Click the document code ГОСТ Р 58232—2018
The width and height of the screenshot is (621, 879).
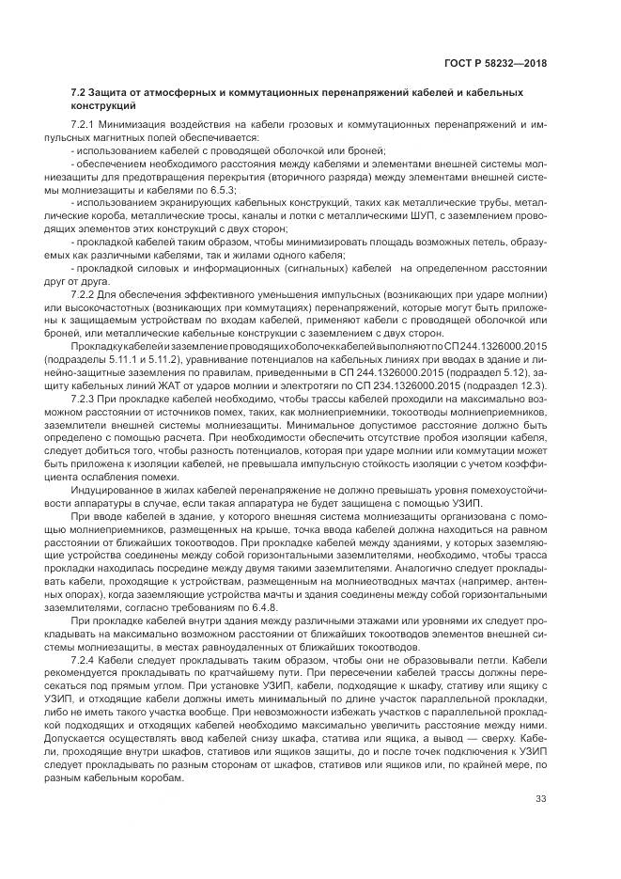pos(497,65)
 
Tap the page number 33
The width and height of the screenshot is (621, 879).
pos(541,799)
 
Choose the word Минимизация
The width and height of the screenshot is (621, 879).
pos(141,124)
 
